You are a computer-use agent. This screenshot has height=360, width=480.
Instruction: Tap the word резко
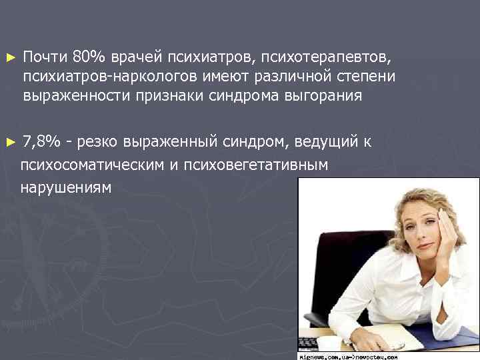97,143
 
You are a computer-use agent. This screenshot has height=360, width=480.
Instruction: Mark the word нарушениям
66,188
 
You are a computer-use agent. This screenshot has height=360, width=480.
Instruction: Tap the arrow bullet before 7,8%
8,143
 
